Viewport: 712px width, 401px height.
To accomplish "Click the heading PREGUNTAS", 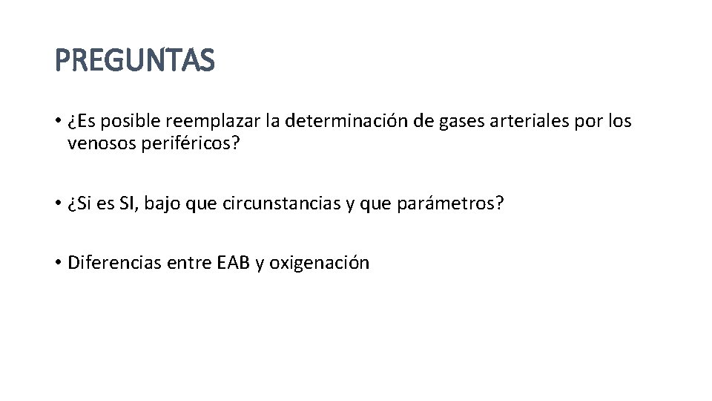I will click(x=135, y=60).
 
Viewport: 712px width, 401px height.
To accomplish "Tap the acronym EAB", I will click(x=233, y=263).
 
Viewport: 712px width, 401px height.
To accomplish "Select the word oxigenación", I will click(x=319, y=263).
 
